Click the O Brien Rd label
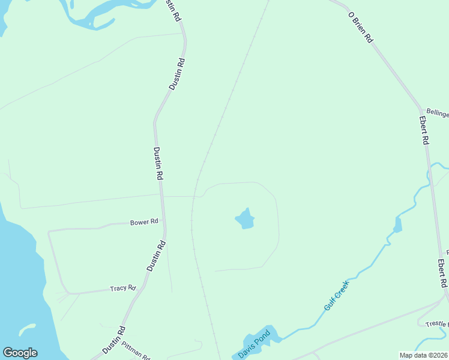pos(361,28)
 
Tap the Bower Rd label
pos(144,222)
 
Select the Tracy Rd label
pos(123,289)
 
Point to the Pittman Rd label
pos(136,350)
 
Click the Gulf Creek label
pos(336,295)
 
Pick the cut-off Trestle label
pos(436,324)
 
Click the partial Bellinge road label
pos(437,112)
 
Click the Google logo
pos(20,353)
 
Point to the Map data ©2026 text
pos(423,355)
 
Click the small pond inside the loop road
pos(244,219)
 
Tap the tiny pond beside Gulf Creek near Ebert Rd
pos(397,226)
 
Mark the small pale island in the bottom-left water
pos(26,329)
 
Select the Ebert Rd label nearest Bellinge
pos(424,130)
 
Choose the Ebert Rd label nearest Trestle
pos(442,273)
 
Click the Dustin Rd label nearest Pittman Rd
pos(113,340)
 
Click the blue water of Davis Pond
pos(267,335)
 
